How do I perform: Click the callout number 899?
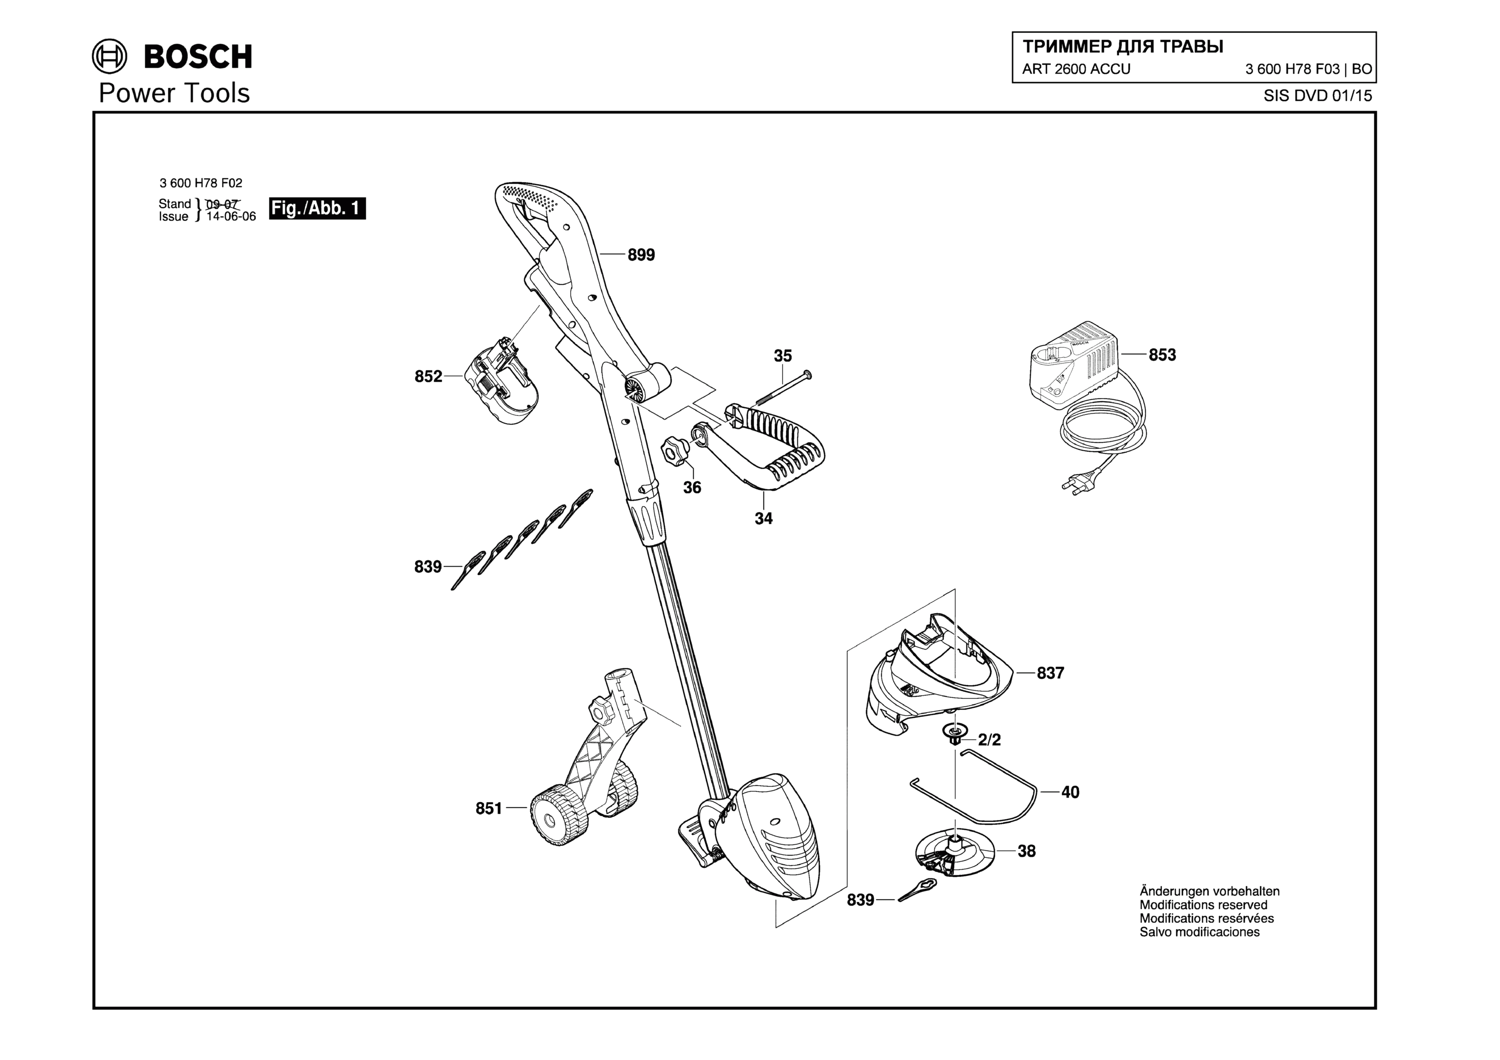641,255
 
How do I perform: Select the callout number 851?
489,809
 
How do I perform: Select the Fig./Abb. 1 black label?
317,208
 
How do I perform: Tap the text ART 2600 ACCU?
1076,69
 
